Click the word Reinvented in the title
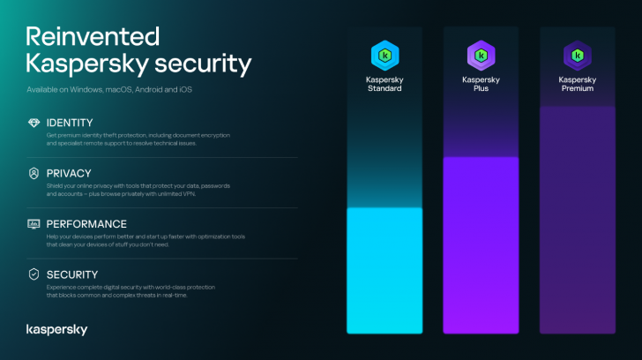click(x=93, y=36)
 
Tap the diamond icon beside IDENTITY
click(x=34, y=122)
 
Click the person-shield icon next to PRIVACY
click(x=34, y=173)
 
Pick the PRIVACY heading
click(x=69, y=173)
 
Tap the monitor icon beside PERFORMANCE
click(x=34, y=224)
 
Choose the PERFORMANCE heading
click(x=86, y=224)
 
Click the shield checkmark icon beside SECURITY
click(x=34, y=274)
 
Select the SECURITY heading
click(x=72, y=274)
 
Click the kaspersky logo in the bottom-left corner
click(x=56, y=329)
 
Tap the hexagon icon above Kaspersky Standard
click(x=384, y=56)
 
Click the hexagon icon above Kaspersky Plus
click(x=480, y=56)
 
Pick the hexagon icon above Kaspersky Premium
click(x=577, y=56)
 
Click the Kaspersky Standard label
click(x=384, y=84)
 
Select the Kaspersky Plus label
click(x=480, y=84)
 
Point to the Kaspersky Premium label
click(x=577, y=84)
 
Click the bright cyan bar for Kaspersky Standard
click(x=384, y=270)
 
